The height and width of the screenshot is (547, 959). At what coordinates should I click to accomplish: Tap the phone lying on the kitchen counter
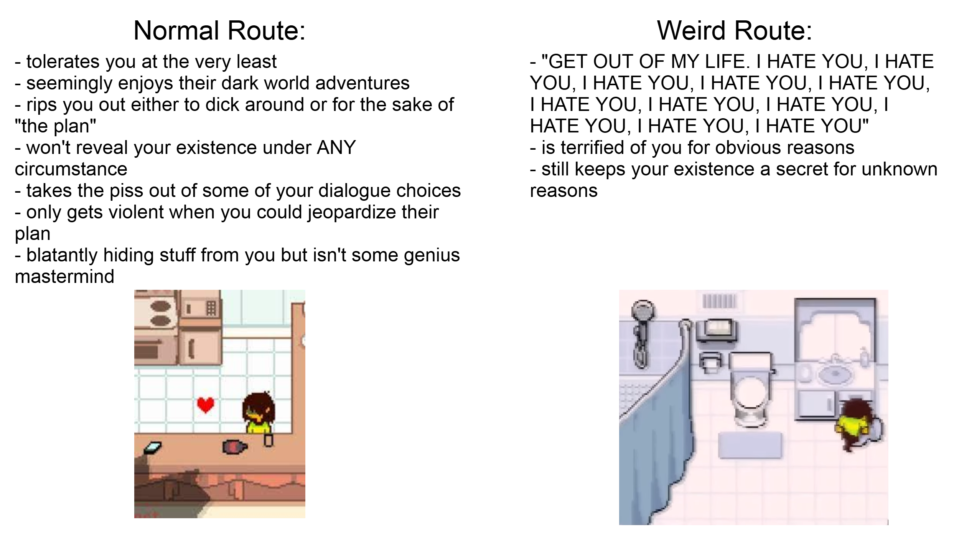point(152,448)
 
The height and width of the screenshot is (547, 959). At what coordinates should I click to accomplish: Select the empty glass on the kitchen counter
point(269,439)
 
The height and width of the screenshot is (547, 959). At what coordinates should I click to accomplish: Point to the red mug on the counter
point(235,446)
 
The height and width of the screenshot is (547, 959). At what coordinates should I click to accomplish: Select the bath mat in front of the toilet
point(750,445)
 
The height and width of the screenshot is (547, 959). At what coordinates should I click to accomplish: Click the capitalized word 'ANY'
point(336,147)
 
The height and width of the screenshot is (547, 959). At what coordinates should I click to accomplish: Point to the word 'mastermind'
point(64,276)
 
